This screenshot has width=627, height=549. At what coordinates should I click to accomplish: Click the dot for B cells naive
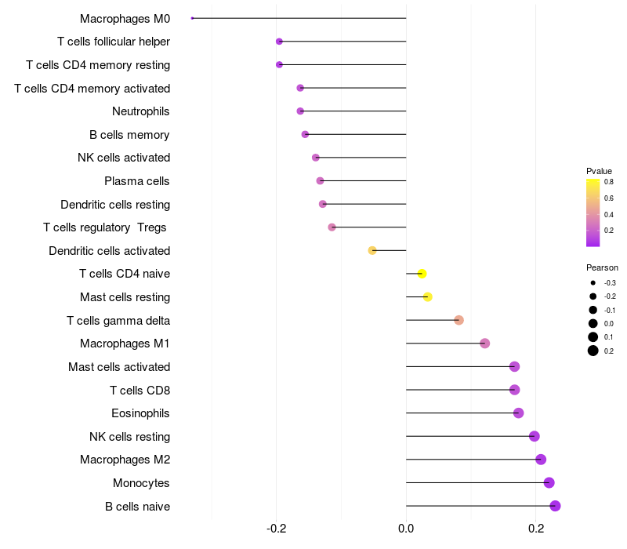[555, 506]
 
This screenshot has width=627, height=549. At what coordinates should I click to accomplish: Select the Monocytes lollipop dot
[549, 482]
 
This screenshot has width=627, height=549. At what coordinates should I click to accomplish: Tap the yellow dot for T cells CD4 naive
[422, 274]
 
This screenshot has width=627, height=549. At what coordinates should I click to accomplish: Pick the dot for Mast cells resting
[427, 296]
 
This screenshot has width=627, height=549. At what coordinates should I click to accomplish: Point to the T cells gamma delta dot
[458, 320]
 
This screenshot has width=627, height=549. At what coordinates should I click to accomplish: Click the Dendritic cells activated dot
[372, 250]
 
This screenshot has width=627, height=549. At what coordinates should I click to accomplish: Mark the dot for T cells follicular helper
[279, 42]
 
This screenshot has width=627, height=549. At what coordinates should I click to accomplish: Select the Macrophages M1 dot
[484, 344]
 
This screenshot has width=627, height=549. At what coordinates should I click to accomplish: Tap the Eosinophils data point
[518, 413]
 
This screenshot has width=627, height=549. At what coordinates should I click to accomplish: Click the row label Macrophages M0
[125, 18]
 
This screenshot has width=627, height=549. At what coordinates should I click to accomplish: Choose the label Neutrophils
[141, 111]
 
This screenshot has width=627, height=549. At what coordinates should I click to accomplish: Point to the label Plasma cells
[137, 181]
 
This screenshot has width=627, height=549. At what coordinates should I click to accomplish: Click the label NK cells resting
[129, 437]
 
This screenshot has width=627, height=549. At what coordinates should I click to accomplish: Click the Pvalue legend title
[599, 171]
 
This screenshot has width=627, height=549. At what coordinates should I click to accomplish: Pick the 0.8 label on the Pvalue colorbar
[608, 181]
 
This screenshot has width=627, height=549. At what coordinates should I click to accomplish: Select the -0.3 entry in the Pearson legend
[609, 282]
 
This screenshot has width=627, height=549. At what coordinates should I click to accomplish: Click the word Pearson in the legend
[602, 267]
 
